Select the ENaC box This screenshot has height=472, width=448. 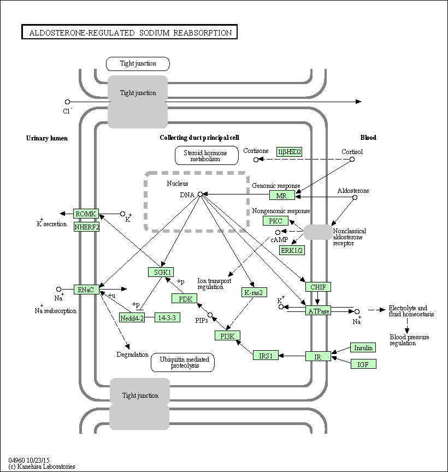[86, 290]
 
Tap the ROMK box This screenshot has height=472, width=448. [86, 214]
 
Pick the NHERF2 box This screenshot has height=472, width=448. [86, 226]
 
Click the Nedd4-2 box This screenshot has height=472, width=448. [132, 318]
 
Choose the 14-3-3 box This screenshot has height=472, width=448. [167, 317]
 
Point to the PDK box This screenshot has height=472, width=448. [184, 298]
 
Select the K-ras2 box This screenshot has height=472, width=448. [254, 292]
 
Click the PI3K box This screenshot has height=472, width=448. [227, 336]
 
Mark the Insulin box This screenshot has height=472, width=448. [363, 348]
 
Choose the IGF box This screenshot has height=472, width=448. [363, 364]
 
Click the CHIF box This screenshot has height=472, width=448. [318, 287]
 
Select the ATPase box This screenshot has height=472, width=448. [318, 311]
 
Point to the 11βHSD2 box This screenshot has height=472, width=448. [290, 151]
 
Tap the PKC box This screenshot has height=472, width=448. [275, 221]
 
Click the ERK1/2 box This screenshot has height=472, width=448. [292, 250]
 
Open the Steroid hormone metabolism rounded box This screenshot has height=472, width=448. [207, 156]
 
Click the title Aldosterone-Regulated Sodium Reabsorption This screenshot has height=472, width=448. [129, 33]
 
